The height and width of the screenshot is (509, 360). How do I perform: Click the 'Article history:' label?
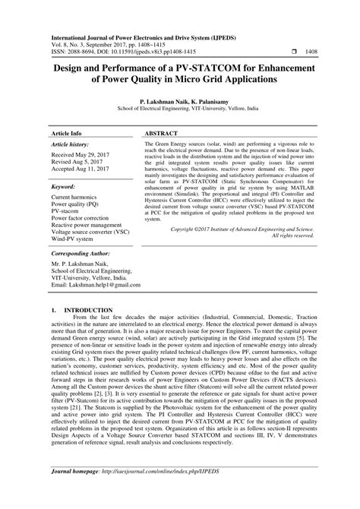(70, 143)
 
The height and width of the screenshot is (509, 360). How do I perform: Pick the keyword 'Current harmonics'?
(77, 197)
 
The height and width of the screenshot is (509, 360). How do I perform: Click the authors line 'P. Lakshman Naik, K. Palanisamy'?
(179, 100)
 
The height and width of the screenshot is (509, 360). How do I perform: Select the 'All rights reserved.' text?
(292, 236)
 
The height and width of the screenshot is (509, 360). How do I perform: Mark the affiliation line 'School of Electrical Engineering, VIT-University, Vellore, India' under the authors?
(179, 108)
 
